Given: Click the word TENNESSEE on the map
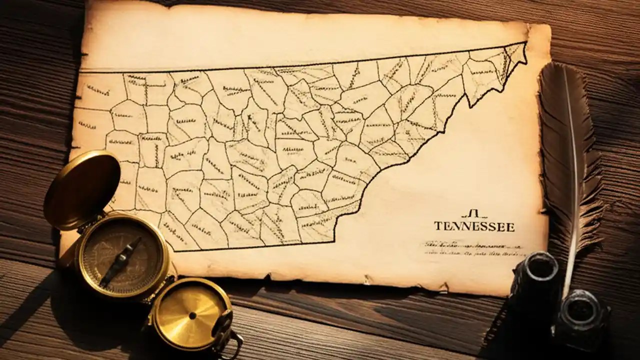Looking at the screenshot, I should (x=473, y=226).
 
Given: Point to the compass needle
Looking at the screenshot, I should (x=120, y=262).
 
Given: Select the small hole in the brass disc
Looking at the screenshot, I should (x=192, y=315).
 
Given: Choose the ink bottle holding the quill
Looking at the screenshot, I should (x=580, y=320).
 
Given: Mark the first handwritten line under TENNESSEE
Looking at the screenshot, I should (x=472, y=246).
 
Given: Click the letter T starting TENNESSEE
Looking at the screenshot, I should (x=437, y=226).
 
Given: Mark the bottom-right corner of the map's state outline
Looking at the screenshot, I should (x=333, y=241).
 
